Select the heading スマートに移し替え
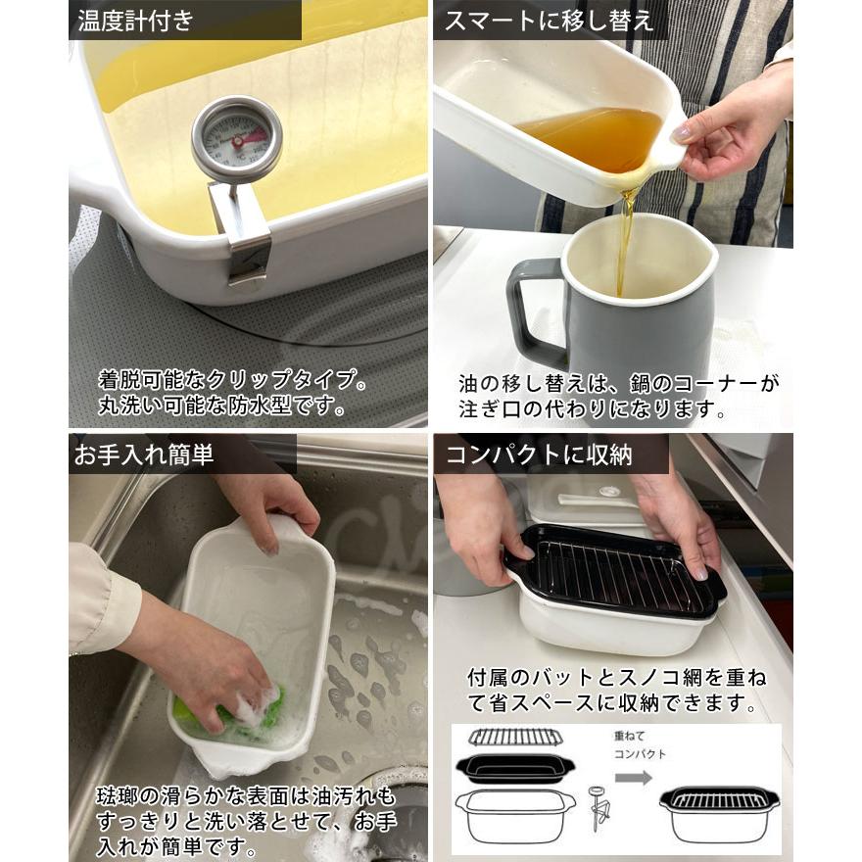pyautogui.click(x=549, y=20)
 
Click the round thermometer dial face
pyautogui.click(x=236, y=137)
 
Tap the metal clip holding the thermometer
pyautogui.click(x=241, y=230)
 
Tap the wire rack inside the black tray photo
pyautogui.click(x=612, y=573)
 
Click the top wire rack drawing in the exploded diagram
pyautogui.click(x=515, y=737)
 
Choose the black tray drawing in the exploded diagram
pyautogui.click(x=515, y=766)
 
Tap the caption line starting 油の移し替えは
pyautogui.click(x=619, y=383)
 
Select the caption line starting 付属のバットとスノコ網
pyautogui.click(x=616, y=678)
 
